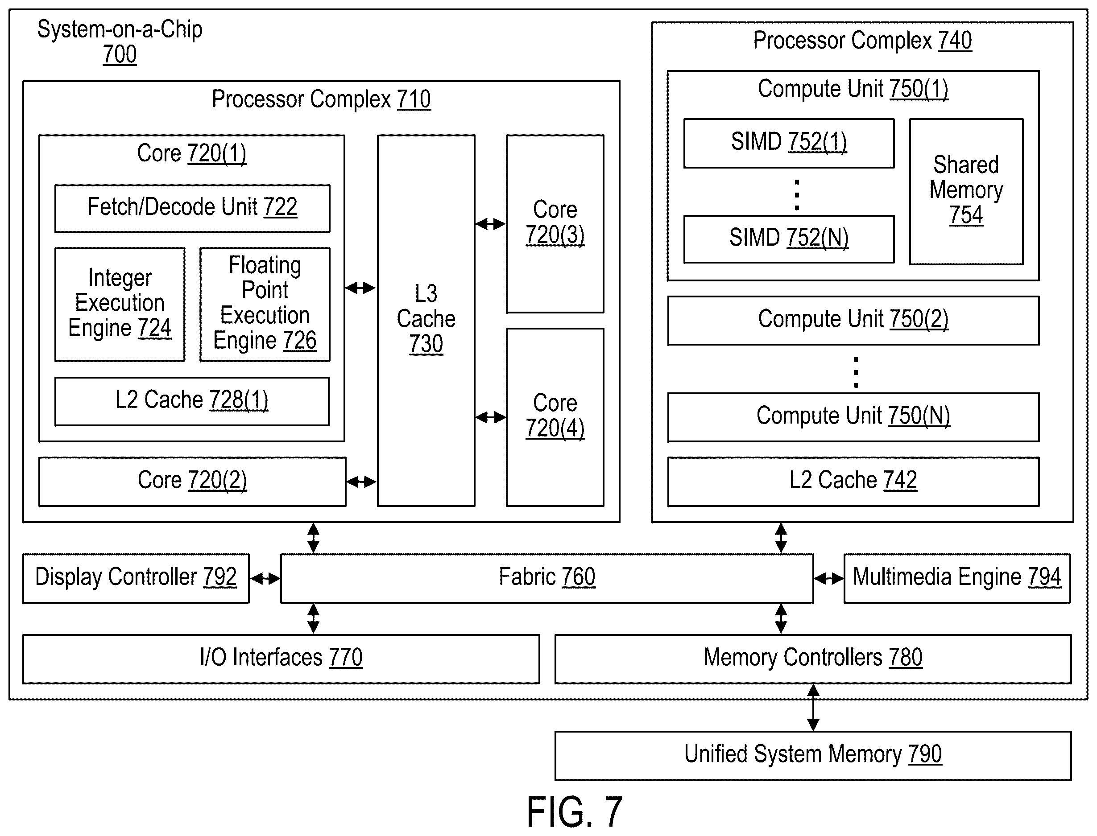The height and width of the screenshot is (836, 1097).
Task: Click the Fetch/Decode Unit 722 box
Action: pos(192,209)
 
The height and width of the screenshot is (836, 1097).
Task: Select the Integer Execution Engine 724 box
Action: pos(120,305)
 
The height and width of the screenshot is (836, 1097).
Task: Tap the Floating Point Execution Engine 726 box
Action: pos(265,305)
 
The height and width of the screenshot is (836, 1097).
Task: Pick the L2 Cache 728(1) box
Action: pos(192,402)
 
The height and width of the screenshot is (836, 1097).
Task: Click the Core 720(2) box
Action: pos(192,482)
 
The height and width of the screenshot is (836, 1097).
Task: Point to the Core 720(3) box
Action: pos(555,224)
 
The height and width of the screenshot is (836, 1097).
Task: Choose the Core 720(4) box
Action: pos(555,417)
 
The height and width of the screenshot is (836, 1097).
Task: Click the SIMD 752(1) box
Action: pos(789,143)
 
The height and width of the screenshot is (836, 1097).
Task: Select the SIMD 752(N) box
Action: pos(789,239)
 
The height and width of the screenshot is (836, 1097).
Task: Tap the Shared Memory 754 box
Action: pos(966,192)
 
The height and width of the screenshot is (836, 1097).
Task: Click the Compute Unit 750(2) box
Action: pos(853,321)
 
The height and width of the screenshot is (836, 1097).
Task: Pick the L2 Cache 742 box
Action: pos(853,482)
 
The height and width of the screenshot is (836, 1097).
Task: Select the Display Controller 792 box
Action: pos(136,578)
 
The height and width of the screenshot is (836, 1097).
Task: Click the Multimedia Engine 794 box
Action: pos(957,578)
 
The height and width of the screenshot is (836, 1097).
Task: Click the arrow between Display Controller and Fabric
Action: pos(265,579)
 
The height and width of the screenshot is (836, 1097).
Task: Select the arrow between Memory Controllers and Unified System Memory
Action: pos(813,708)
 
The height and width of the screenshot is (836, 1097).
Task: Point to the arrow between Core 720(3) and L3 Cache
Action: pos(490,224)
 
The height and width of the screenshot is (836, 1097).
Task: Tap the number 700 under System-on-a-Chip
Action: pos(120,54)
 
